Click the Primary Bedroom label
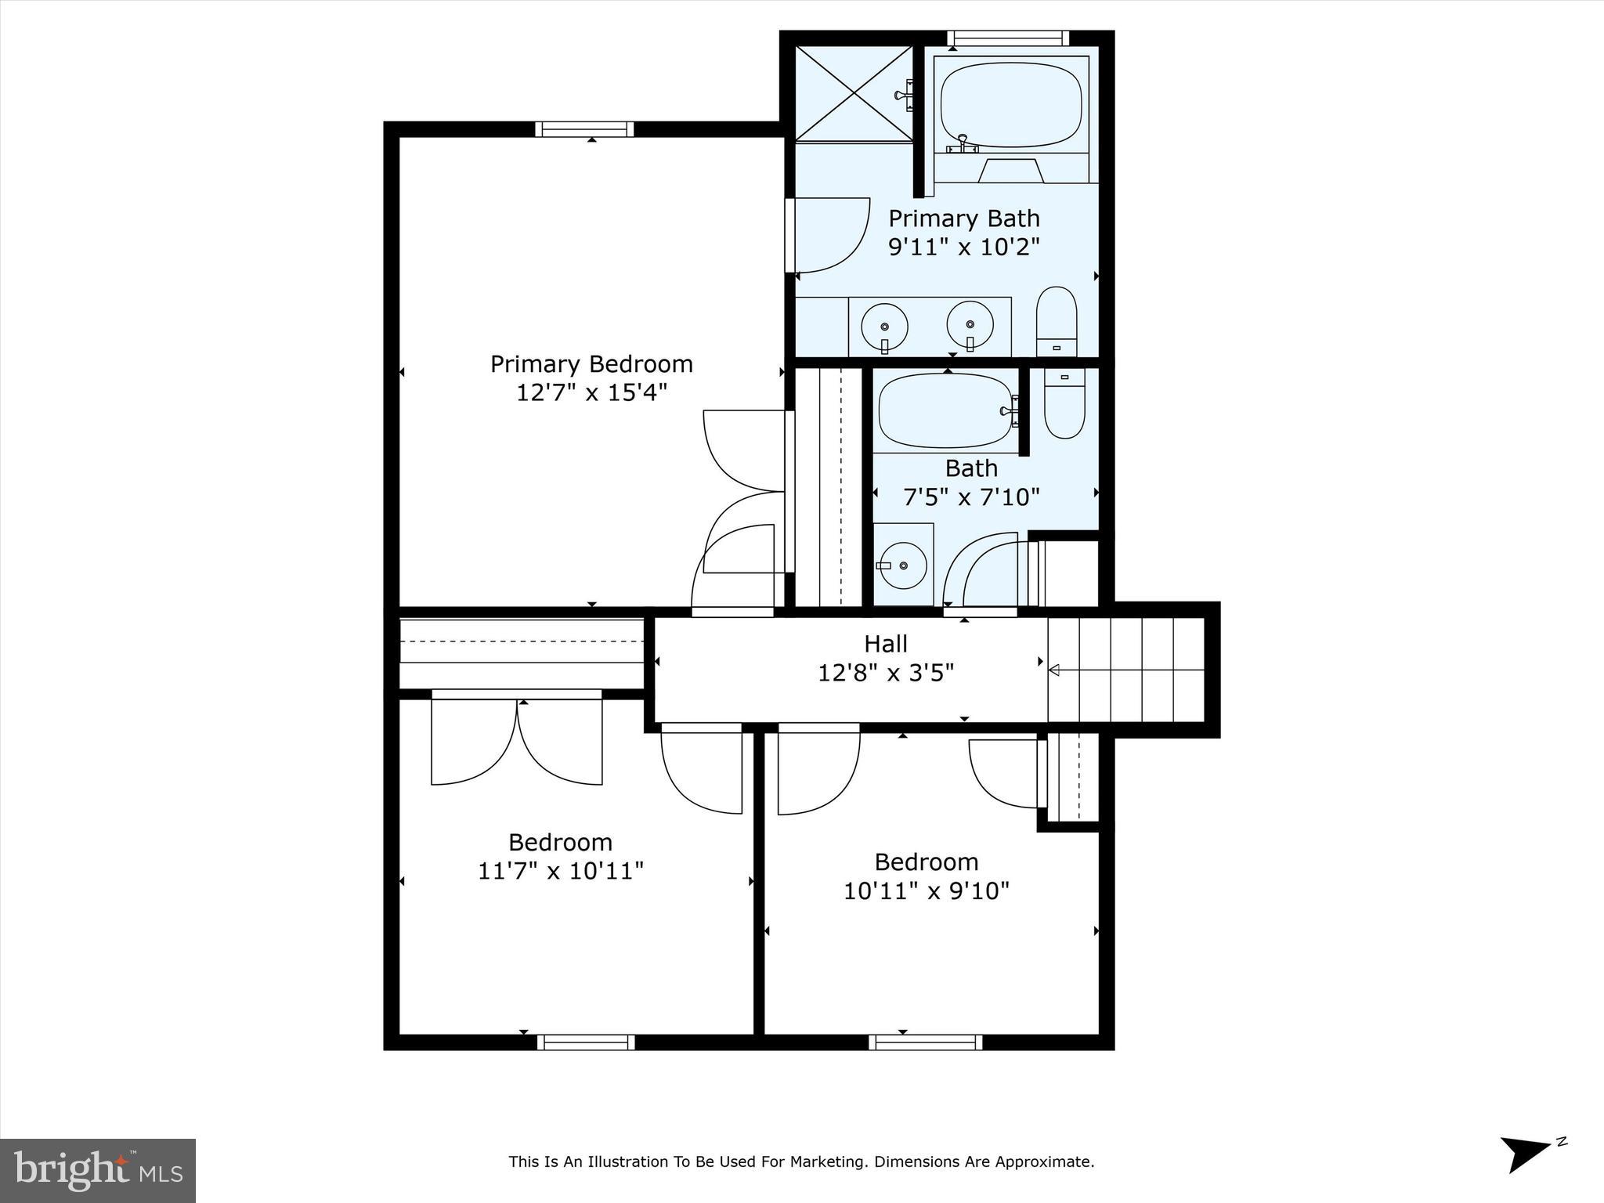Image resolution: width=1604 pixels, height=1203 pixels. pos(591,364)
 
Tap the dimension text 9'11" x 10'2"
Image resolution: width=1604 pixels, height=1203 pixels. pos(963,247)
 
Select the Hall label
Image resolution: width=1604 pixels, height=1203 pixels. pos(886,644)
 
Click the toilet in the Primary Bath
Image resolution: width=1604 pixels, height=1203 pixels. pos(1057,321)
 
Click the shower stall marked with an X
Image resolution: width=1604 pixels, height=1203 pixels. pos(854,94)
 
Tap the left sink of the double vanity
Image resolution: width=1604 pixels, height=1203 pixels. pos(884,327)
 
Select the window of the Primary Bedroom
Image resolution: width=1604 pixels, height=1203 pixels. pos(584,129)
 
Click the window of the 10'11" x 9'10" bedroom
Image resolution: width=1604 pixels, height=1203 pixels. pos(925,1042)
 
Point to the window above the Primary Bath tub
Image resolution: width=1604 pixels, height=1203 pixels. pos(1007,38)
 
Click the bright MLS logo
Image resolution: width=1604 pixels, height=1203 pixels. pos(98,1170)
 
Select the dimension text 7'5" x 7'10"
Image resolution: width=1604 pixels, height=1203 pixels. pos(971,497)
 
